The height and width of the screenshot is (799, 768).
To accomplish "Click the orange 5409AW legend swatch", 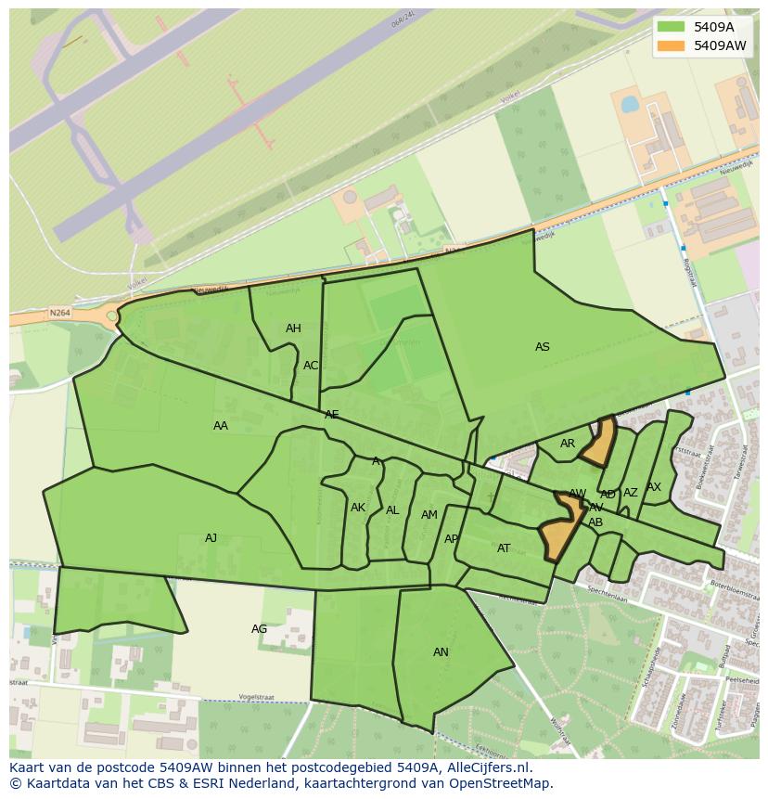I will point(671,45).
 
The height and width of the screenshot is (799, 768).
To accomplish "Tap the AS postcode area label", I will point(543,347).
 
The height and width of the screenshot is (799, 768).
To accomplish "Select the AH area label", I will point(293,329).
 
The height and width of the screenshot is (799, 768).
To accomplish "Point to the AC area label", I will point(311,366).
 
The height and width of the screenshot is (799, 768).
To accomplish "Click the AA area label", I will point(221,426).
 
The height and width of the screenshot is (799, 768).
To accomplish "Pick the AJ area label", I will point(211,538).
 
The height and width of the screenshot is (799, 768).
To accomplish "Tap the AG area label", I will point(260,629).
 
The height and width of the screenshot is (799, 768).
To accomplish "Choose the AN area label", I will point(441,652).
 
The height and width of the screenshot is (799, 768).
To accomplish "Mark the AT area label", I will point(504,548).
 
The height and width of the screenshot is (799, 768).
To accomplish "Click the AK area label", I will point(358,508).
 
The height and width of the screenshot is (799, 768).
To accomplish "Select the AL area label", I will point(392,510).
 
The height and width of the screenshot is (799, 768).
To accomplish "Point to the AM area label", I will point(429,515).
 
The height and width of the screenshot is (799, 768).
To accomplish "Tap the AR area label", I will point(568,444).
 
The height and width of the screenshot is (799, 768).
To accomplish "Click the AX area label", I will point(654,487).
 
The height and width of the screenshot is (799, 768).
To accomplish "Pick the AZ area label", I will point(631,493).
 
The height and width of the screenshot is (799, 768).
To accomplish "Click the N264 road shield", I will point(59,313).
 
